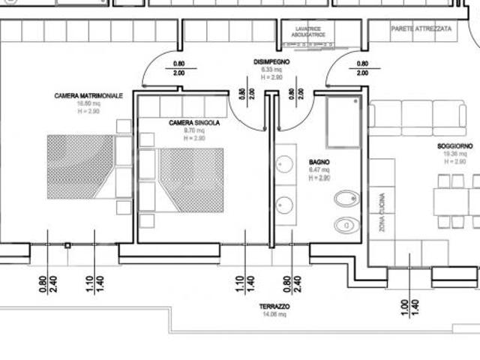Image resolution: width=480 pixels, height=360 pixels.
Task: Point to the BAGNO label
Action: click(x=319, y=162)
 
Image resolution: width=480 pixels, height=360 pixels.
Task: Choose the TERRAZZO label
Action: click(x=275, y=307)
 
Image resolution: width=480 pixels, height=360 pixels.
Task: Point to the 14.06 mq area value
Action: click(x=275, y=314)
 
